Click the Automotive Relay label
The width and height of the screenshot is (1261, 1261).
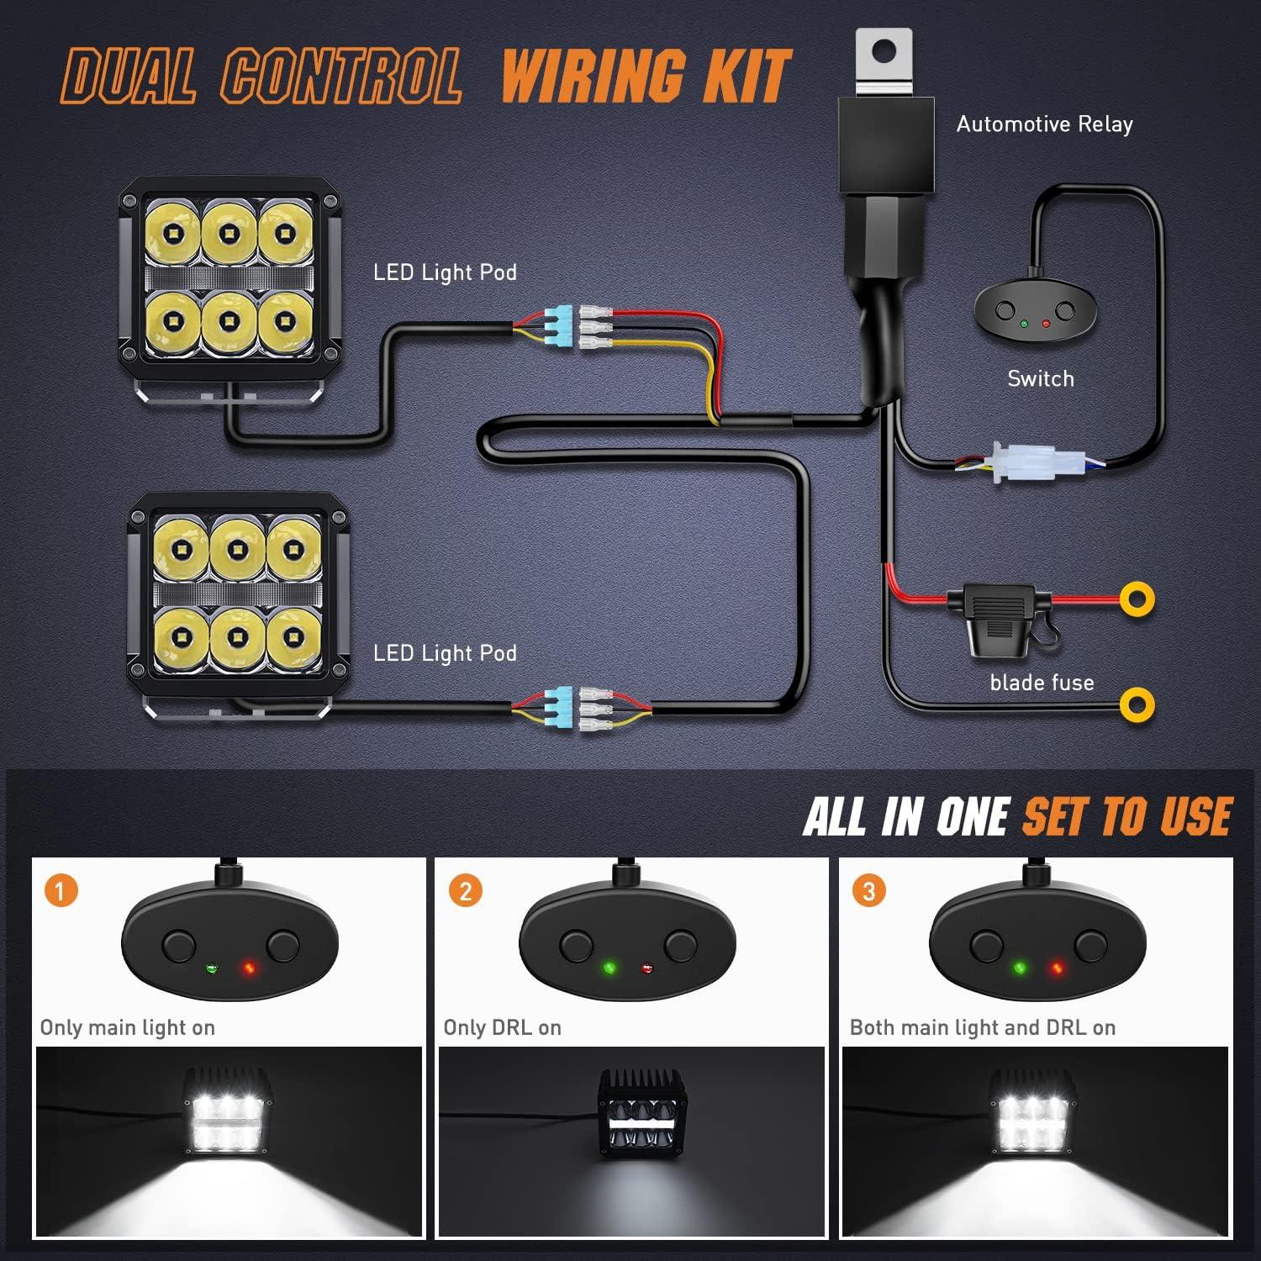pyautogui.click(x=1044, y=124)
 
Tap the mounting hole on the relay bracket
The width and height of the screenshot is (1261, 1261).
pyautogui.click(x=882, y=52)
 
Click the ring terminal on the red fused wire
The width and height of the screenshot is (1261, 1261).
pyautogui.click(x=1137, y=599)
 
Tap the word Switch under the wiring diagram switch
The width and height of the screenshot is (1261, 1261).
pyautogui.click(x=1041, y=379)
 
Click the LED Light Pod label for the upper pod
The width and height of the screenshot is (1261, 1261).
pyautogui.click(x=445, y=272)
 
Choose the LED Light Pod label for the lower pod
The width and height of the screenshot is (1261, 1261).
pyautogui.click(x=445, y=653)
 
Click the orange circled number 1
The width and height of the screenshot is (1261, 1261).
pyautogui.click(x=61, y=889)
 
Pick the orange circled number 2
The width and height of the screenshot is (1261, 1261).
pyautogui.click(x=465, y=889)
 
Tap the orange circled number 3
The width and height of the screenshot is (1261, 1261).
pyautogui.click(x=868, y=889)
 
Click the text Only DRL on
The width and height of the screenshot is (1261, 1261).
pyautogui.click(x=502, y=1027)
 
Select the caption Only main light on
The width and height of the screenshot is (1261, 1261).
pyautogui.click(x=128, y=1027)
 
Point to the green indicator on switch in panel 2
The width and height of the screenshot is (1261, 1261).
pyautogui.click(x=609, y=968)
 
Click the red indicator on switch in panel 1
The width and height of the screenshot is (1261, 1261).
pyautogui.click(x=249, y=968)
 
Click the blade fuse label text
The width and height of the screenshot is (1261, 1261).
pyautogui.click(x=1042, y=683)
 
